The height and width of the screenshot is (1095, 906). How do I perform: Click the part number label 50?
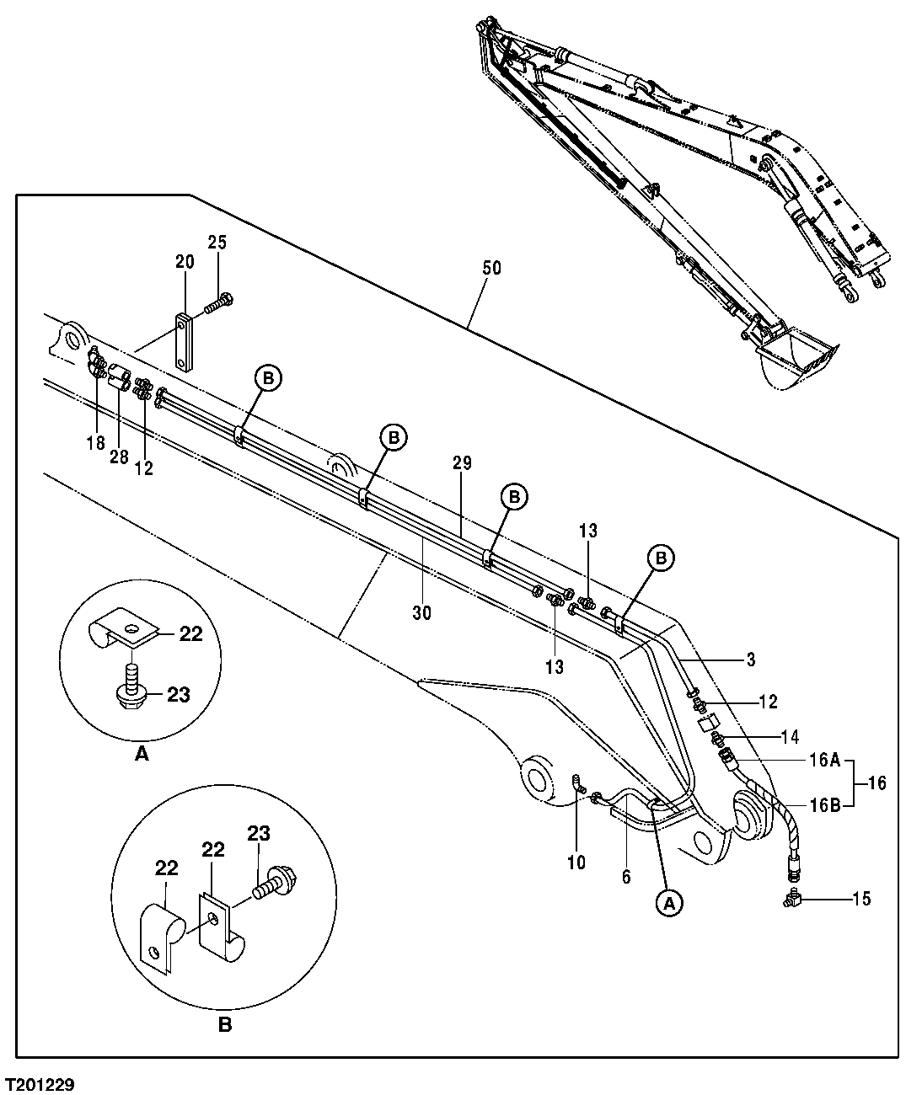[x=491, y=268]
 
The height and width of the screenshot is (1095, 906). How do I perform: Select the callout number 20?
[x=185, y=262]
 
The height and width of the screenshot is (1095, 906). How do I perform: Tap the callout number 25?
[x=217, y=243]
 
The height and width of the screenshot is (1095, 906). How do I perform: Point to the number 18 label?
[x=95, y=442]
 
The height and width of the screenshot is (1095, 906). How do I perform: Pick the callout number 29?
[x=462, y=462]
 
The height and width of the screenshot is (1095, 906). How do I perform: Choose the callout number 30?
[x=421, y=613]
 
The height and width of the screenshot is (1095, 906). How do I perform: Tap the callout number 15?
[x=860, y=900]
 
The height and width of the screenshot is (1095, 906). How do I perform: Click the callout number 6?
[x=625, y=877]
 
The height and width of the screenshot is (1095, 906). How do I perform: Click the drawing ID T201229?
[x=39, y=1085]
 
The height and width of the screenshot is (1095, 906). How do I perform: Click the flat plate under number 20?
[x=185, y=341]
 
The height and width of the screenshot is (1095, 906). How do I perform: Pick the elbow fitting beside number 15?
[x=793, y=900]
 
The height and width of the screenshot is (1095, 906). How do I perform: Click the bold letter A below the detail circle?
[x=142, y=756]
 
